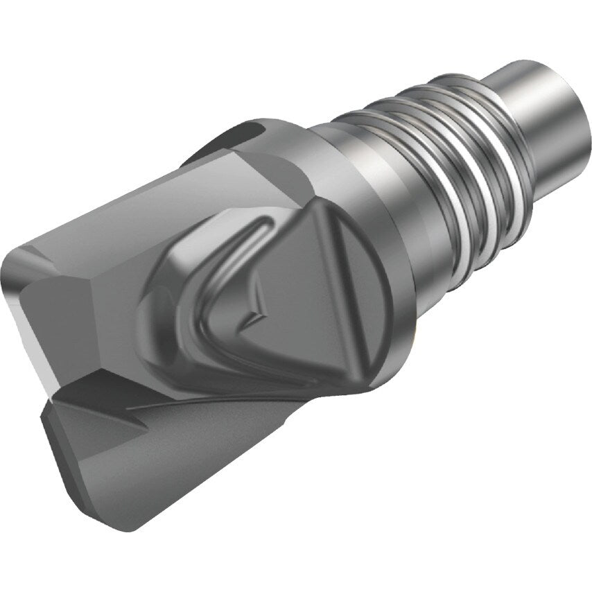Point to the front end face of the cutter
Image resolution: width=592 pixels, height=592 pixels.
[x=49, y=312]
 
